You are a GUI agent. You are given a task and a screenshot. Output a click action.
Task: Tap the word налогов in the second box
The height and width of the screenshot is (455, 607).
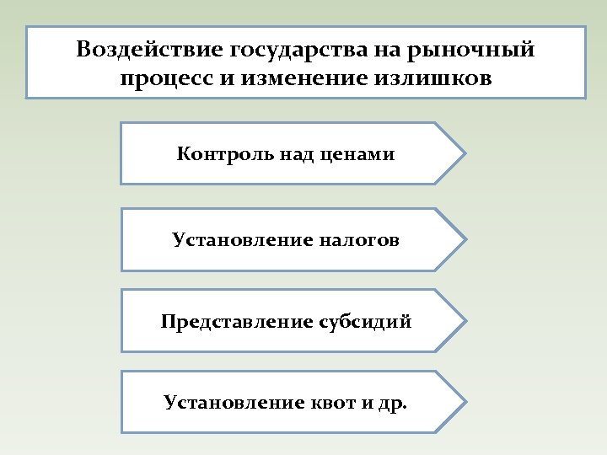click(x=359, y=240)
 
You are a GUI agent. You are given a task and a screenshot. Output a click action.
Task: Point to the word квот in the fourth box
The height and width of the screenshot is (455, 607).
click(x=334, y=402)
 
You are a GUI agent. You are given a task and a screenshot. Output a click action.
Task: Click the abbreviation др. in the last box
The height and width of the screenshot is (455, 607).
click(x=389, y=403)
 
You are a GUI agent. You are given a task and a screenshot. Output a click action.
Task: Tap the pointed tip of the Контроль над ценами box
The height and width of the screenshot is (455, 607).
click(x=463, y=153)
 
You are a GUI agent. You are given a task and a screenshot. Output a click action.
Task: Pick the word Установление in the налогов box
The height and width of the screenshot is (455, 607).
click(x=242, y=240)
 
